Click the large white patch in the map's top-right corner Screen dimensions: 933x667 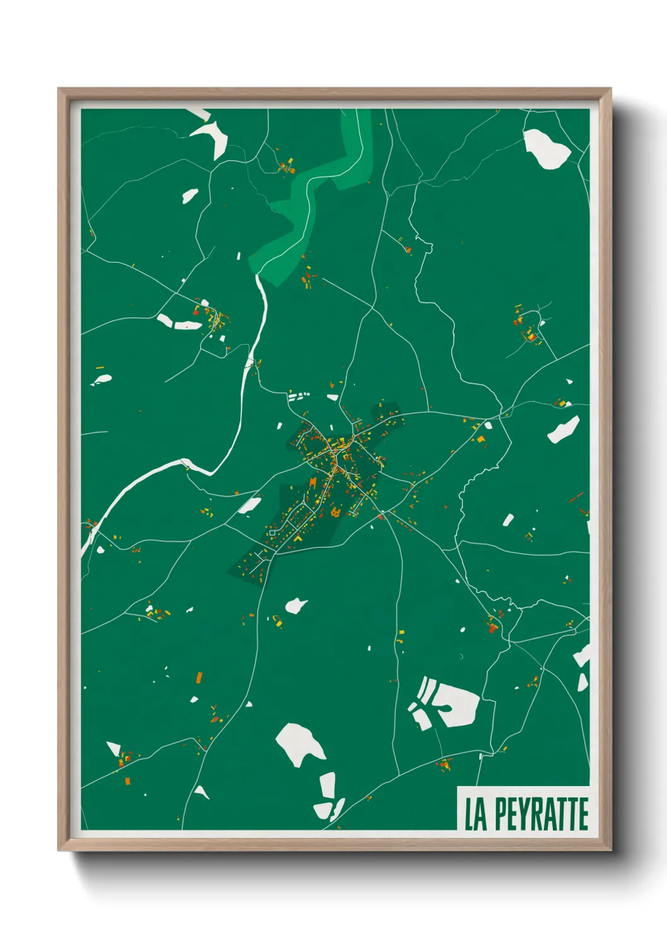[545, 149]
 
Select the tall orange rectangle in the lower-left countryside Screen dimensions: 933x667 [199, 678]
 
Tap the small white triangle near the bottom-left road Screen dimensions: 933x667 [200, 792]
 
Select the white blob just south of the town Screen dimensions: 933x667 [295, 606]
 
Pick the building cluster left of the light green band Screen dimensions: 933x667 [287, 167]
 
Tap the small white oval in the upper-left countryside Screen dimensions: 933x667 [190, 195]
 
